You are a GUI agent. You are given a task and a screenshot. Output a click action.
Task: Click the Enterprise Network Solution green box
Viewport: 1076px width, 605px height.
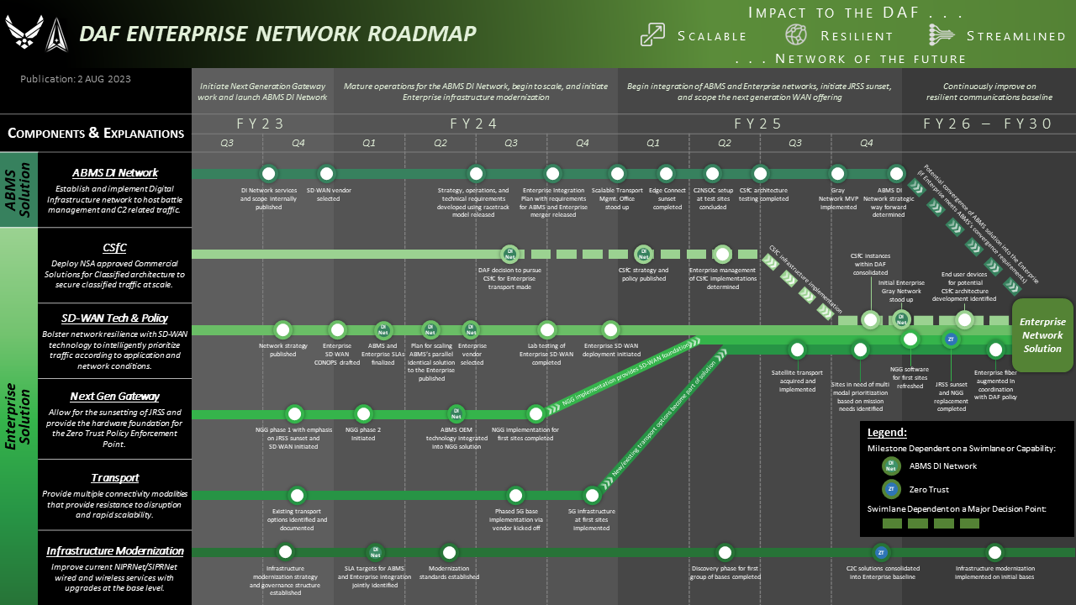1042,334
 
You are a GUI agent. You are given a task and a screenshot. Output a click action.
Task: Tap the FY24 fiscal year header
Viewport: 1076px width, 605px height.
474,124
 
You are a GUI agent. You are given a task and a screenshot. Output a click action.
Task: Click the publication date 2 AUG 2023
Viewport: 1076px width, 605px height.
76,79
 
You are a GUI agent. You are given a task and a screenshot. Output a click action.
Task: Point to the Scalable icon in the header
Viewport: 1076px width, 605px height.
652,34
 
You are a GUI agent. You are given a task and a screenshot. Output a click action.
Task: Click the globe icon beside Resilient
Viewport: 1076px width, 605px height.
796,34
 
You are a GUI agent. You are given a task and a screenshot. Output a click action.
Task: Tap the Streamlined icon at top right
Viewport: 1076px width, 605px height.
941,34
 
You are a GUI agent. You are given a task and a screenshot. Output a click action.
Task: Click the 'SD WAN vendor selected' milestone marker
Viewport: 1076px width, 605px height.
328,174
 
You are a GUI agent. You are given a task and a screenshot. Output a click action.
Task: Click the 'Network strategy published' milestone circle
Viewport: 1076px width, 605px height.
283,330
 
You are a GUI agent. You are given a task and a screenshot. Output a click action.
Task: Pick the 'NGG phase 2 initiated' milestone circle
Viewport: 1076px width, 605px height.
363,413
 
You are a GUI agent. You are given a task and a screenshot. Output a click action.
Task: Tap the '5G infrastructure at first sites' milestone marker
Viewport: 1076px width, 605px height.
592,495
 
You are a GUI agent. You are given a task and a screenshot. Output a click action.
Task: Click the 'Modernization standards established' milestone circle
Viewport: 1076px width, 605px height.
449,552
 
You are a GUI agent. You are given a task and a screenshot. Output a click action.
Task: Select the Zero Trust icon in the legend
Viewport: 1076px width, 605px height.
891,489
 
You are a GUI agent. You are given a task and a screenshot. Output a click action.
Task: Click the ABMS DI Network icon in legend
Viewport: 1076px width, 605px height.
891,466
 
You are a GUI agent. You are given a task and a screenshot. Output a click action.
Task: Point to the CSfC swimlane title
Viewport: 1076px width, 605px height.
114,247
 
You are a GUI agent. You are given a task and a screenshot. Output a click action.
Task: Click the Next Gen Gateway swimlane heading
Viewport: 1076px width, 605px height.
114,396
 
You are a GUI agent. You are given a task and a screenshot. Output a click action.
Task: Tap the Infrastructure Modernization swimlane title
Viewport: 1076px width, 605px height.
114,551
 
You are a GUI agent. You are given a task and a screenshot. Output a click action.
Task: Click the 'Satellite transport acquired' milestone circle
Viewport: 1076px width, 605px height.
797,350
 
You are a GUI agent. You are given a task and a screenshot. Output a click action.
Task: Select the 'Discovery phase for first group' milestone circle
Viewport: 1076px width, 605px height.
725,552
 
